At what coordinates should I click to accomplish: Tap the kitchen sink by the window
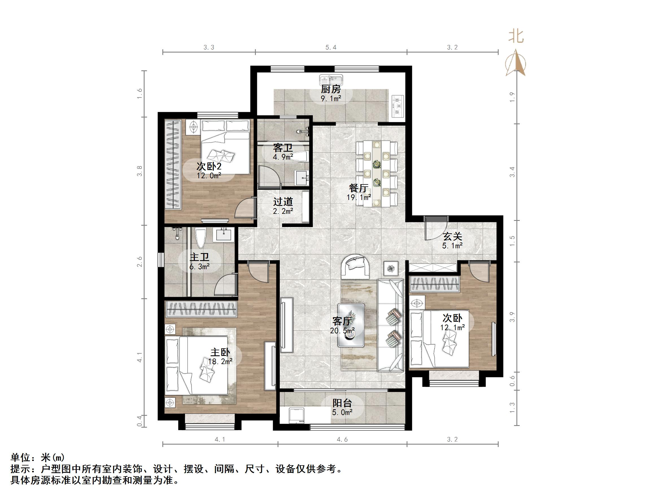(x=331, y=80)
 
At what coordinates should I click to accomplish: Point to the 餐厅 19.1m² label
(x=359, y=192)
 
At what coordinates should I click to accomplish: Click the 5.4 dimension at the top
(x=331, y=47)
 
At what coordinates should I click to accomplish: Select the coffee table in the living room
(x=351, y=325)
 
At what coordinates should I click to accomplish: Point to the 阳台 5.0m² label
(x=343, y=407)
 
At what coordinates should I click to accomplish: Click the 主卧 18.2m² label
(x=220, y=356)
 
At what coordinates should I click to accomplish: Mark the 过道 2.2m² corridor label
(x=283, y=206)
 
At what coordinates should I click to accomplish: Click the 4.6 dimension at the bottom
(x=342, y=440)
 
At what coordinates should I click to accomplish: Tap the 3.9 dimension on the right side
(x=512, y=317)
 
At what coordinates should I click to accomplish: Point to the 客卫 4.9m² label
(x=283, y=152)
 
